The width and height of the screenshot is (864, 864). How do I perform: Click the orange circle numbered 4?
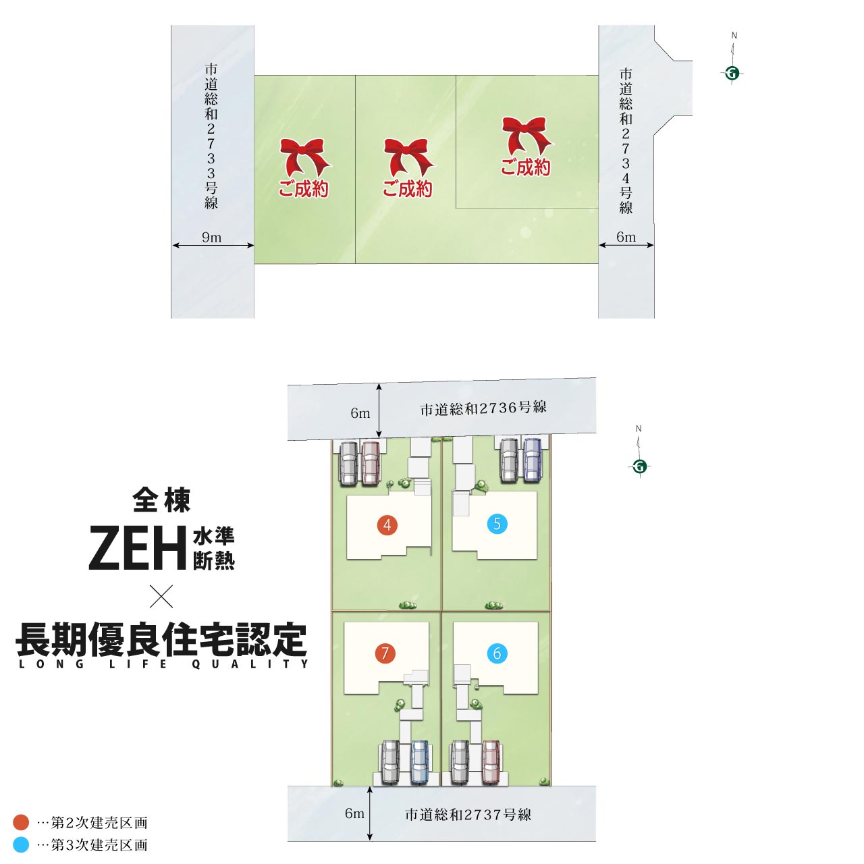[387, 525]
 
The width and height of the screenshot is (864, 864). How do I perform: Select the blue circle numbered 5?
[497, 524]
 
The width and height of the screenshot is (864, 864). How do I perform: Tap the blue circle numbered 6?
[497, 653]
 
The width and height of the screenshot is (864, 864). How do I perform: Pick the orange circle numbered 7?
[385, 653]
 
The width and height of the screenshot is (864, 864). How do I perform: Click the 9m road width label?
[212, 237]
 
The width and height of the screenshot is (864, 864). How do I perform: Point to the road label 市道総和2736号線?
[483, 408]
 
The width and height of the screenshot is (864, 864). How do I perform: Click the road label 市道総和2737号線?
[468, 814]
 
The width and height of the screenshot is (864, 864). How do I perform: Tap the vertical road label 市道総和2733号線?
[211, 136]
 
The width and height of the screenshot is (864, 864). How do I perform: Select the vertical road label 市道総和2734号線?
[626, 141]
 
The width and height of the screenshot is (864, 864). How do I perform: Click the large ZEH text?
[138, 547]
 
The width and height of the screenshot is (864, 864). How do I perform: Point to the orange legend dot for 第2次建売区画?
[21, 822]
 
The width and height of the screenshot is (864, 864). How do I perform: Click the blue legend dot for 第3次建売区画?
[21, 844]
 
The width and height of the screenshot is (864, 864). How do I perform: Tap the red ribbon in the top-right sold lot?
[527, 136]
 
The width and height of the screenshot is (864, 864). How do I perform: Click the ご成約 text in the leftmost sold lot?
[304, 188]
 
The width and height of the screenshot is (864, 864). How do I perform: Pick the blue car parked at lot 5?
[533, 460]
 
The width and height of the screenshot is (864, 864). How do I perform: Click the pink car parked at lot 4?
[371, 464]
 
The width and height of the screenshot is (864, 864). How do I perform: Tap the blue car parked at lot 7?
[419, 762]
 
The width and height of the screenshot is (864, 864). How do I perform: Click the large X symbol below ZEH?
[161, 596]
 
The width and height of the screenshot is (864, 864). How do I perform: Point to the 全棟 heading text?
[161, 500]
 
